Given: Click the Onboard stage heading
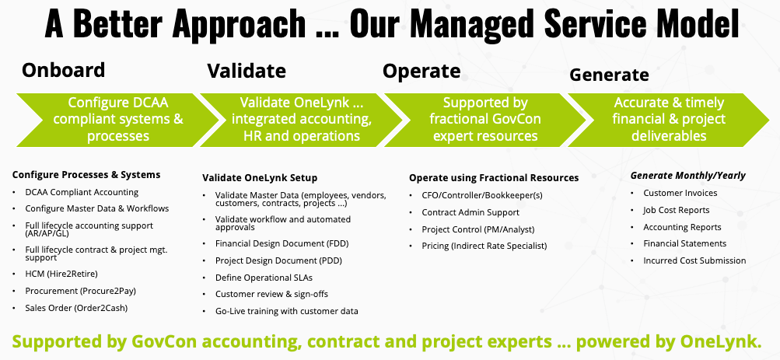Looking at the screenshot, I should (x=63, y=70).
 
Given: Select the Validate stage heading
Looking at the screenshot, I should (x=247, y=72).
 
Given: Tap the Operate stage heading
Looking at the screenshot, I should (x=421, y=72).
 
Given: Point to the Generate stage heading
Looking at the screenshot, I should (x=609, y=75).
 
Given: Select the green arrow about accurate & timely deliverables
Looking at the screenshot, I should (x=669, y=119).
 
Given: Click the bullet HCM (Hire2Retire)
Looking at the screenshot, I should (x=61, y=274).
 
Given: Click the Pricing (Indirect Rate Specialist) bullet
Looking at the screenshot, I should (x=484, y=246).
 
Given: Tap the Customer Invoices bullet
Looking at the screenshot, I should (x=680, y=193).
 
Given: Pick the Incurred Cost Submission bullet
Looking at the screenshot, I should (x=694, y=260).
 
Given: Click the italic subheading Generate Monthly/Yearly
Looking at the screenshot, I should (x=687, y=175).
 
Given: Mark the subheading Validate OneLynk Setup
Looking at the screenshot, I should (x=260, y=177).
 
